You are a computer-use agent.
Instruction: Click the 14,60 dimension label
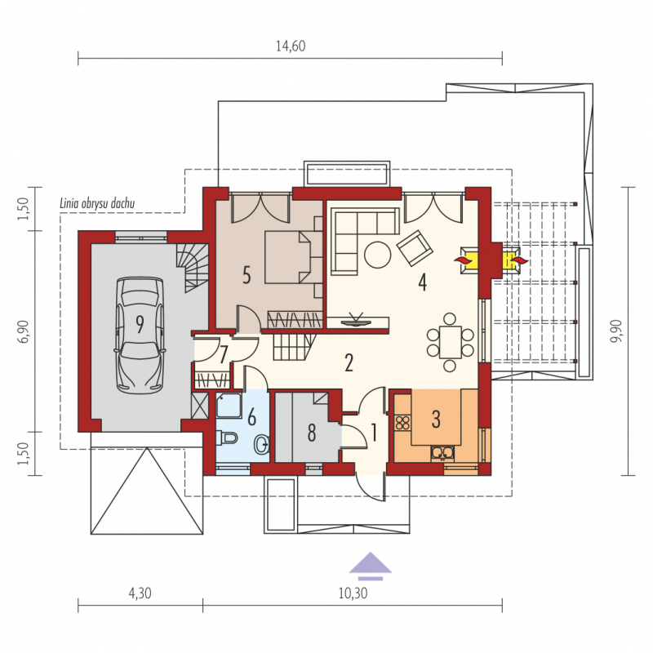tap(291, 46)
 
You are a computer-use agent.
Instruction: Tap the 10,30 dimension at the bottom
tap(353, 593)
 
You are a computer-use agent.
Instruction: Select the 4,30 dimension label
tap(140, 593)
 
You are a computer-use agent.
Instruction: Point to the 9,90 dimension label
tap(615, 331)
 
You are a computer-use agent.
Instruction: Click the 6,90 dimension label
tap(24, 331)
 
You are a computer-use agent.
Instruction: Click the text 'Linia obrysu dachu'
tap(97, 203)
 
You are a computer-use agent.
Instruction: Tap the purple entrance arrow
tap(371, 566)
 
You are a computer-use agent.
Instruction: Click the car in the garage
tap(140, 335)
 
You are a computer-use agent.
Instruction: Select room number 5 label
tap(247, 276)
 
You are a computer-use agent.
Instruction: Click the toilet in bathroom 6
tap(227, 438)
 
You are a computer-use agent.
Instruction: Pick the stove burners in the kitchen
tap(402, 423)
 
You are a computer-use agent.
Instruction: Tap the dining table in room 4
tap(451, 342)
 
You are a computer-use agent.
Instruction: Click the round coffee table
tap(377, 255)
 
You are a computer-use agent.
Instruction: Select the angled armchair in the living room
tap(415, 248)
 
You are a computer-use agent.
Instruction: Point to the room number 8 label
tap(312, 433)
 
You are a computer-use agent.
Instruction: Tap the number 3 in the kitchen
tap(436, 420)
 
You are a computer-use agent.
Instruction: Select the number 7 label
tap(224, 355)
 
